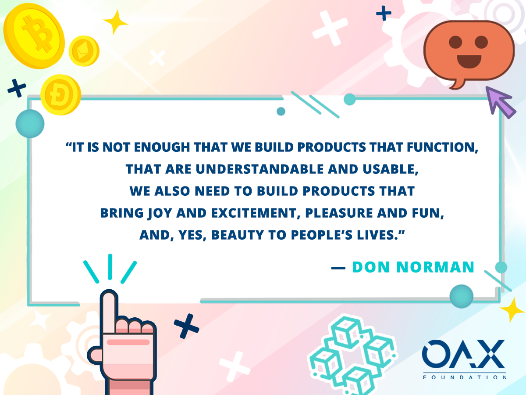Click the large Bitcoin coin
point(34,36)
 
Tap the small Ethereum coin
point(84,51)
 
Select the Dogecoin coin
point(60,95)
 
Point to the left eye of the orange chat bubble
point(455,42)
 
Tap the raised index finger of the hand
point(109,311)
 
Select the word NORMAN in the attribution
point(435,267)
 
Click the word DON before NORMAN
point(371,267)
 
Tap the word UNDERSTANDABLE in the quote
point(260,169)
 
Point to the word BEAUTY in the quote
point(238,235)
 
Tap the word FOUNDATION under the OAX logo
point(464,377)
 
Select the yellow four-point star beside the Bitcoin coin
point(116,22)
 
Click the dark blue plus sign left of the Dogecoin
point(17,88)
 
